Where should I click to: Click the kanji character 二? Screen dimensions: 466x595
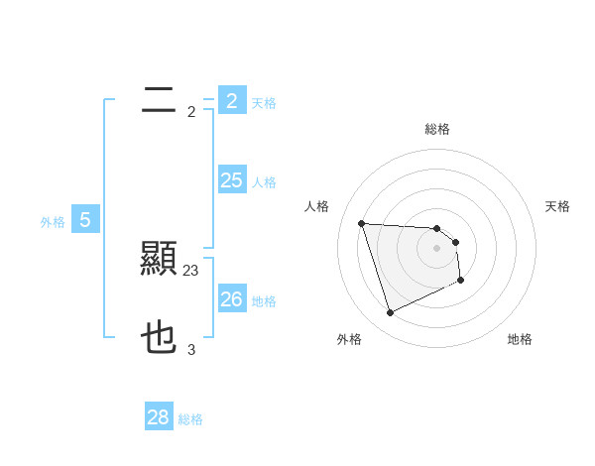159,99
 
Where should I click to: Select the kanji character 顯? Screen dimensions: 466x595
159,260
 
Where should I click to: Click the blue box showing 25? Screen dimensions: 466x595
231,179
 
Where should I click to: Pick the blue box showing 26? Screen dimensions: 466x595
231,298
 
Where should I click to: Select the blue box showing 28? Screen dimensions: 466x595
158,417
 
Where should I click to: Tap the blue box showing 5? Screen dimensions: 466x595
85,220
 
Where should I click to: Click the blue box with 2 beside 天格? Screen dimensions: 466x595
231,100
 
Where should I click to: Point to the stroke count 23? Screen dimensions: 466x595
191,270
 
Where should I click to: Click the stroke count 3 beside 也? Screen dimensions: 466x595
191,349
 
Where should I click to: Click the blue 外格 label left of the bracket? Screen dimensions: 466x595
53,222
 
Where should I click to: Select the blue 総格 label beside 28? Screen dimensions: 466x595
190,419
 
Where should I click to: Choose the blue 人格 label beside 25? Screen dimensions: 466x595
264,182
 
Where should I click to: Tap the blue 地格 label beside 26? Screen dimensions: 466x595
264,301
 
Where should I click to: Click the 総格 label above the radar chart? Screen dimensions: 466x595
436,129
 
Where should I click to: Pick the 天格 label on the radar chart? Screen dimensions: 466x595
557,206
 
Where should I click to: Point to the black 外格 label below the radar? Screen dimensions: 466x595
348,339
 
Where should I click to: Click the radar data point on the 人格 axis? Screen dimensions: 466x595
362,223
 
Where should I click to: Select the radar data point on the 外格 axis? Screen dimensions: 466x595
391,313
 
